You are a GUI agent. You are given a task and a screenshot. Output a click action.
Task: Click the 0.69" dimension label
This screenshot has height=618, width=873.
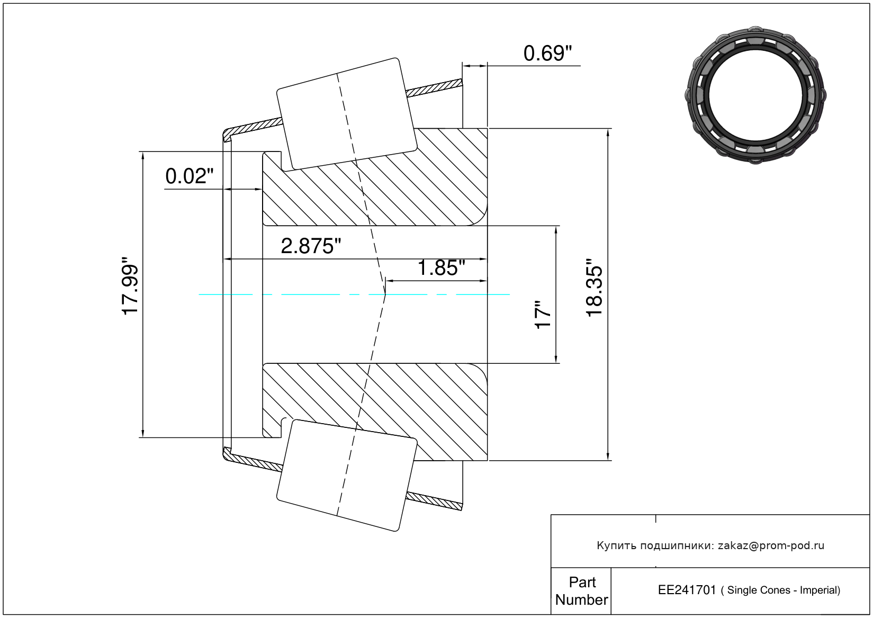tap(547, 53)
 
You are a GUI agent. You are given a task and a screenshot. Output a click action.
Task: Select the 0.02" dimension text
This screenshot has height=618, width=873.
tap(189, 176)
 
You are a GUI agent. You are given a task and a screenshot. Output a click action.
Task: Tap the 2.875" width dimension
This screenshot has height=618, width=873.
tap(311, 246)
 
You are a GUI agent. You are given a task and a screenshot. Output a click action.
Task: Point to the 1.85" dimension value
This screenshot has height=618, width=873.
tap(441, 268)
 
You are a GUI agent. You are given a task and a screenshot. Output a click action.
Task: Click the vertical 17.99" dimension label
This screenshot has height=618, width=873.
tap(130, 286)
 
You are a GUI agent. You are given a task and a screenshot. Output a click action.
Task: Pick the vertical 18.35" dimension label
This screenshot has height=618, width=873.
tap(595, 288)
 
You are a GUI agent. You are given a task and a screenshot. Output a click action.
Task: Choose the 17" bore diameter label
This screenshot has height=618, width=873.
tap(543, 315)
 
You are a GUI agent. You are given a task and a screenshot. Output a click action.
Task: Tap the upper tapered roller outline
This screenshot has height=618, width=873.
tap(347, 113)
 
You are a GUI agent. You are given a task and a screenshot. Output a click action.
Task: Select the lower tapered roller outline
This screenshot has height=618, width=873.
tap(347, 475)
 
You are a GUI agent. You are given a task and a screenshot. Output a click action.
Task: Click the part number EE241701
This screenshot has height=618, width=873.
tap(687, 590)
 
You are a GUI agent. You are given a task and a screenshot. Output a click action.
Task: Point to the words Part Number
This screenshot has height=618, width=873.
tap(581, 591)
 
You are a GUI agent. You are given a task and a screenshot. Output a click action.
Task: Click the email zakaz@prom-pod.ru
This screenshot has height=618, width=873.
tap(771, 545)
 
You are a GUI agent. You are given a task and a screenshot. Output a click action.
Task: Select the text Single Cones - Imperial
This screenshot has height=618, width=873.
tap(784, 590)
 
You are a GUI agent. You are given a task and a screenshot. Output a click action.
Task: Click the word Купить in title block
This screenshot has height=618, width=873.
tap(616, 545)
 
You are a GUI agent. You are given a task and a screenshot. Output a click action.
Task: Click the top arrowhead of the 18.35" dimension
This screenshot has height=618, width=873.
tap(608, 132)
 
